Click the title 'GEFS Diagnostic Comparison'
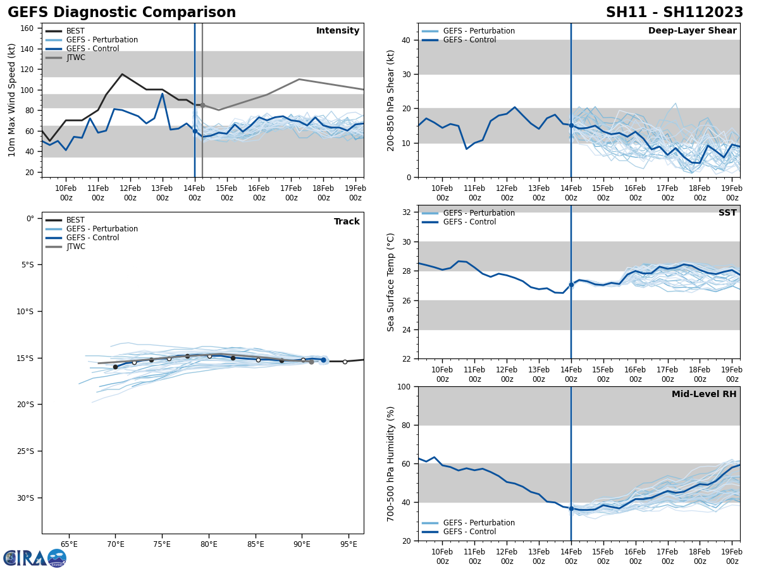click(121, 13)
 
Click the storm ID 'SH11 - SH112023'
click(674, 13)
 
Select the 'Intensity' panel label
click(338, 31)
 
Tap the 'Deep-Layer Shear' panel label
click(692, 31)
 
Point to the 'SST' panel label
click(727, 213)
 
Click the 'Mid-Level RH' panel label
click(704, 395)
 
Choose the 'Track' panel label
click(347, 222)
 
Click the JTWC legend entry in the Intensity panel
click(75, 58)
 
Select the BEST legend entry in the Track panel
click(75, 220)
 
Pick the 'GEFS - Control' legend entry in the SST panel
click(469, 222)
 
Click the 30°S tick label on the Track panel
click(25, 498)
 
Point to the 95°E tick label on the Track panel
click(350, 544)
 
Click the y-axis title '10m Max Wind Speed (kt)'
click(12, 100)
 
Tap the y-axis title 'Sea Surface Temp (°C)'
click(391, 282)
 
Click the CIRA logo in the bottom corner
click(35, 558)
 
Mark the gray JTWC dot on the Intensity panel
click(202, 105)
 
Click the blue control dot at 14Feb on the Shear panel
click(571, 125)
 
